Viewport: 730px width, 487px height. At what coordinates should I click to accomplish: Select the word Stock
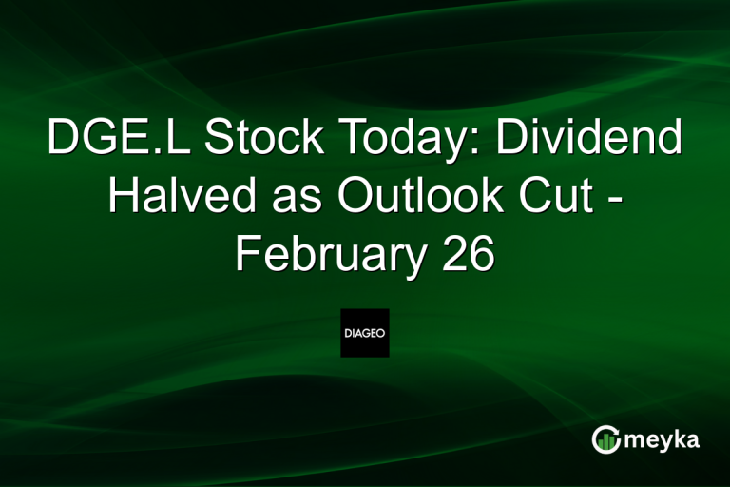pos(246,141)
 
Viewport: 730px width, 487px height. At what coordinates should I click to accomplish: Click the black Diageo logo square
pos(365,333)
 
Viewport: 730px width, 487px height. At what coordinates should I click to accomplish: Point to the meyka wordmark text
pos(666,439)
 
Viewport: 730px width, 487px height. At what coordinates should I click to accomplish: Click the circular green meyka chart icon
pos(605,439)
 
